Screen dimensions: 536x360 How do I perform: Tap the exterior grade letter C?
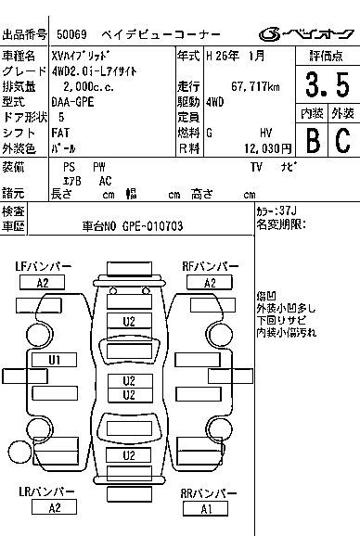(x=341, y=140)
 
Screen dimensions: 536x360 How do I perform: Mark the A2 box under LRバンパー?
(x=54, y=506)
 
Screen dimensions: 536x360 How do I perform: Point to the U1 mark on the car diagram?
(x=55, y=359)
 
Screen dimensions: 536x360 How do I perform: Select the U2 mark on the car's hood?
(x=130, y=321)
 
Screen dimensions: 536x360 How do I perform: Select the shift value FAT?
(x=68, y=133)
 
